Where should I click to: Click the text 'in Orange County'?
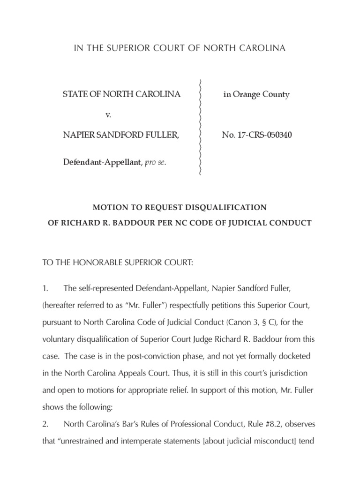[256, 95]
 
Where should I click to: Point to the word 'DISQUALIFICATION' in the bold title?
[226, 207]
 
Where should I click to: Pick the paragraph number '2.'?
[45, 425]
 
